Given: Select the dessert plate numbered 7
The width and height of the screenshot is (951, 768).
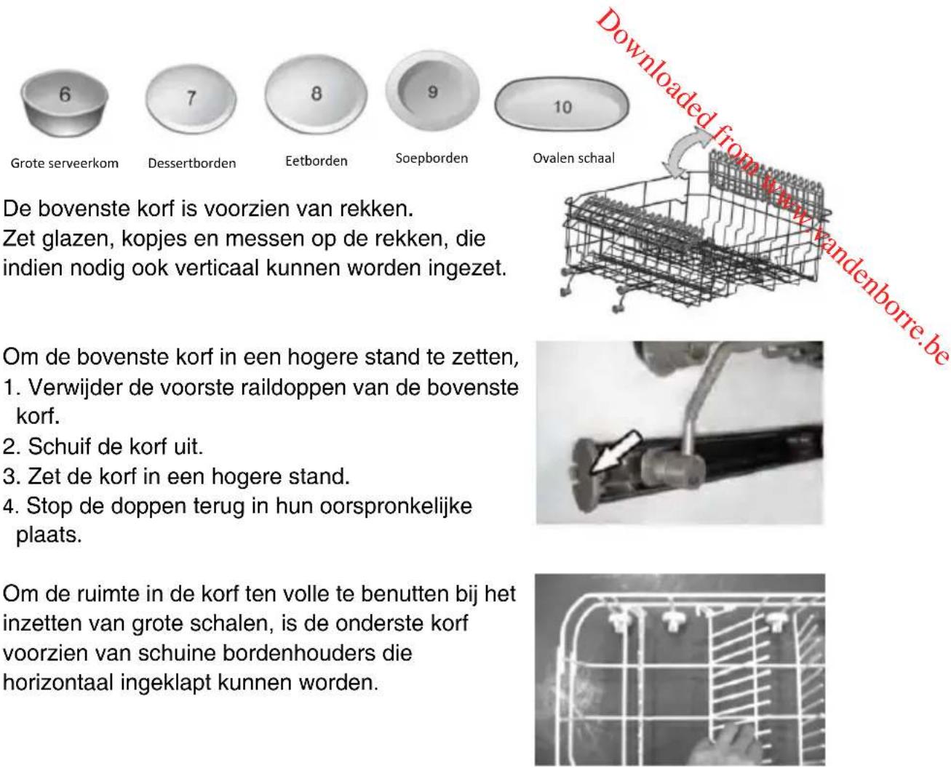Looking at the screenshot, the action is [191, 99].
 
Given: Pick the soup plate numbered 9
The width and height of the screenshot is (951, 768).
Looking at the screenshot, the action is [433, 91].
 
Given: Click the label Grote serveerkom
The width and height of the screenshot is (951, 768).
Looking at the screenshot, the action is [65, 163].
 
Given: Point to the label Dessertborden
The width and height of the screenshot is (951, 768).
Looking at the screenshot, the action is [192, 163].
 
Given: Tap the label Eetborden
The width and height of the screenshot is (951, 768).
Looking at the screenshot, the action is [317, 161].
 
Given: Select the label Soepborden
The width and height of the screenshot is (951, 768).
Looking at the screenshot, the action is [431, 158].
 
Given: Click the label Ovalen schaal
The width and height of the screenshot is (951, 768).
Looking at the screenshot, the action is [573, 158].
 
